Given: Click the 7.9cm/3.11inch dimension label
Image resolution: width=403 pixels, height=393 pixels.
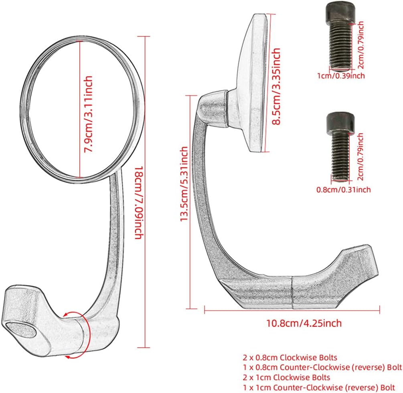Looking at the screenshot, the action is coord(88,114).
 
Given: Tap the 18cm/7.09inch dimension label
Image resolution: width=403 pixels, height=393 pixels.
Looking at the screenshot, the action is coord(140,203).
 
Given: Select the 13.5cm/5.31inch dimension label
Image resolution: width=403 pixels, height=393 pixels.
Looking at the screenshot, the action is coord(184,184).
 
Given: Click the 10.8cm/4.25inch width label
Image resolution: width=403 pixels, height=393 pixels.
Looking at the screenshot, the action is coord(304,323).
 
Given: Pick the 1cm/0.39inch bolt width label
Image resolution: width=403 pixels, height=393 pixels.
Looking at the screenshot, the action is coord(341,76).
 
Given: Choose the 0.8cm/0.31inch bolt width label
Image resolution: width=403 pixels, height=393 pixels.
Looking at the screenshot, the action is coord(343,190).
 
